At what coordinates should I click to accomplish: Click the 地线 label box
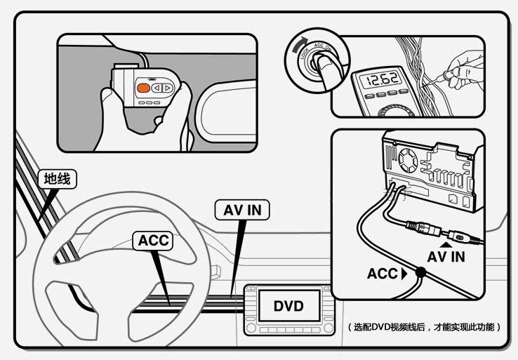[57, 180]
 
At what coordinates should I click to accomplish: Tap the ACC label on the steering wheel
[153, 241]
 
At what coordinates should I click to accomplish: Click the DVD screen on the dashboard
[288, 307]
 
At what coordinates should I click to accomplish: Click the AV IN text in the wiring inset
[446, 257]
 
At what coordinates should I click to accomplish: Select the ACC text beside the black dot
[382, 274]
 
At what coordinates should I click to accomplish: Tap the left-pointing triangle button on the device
[157, 88]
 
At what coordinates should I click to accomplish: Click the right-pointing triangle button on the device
[168, 88]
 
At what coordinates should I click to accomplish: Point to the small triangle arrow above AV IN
[445, 243]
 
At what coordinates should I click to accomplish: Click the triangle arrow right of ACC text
[403, 274]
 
